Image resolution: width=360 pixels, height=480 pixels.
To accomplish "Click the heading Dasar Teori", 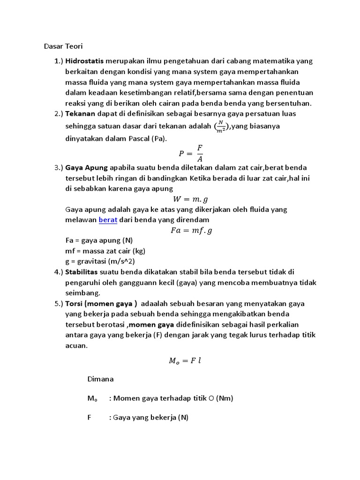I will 63,46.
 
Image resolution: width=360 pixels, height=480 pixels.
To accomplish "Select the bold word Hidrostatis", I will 84,61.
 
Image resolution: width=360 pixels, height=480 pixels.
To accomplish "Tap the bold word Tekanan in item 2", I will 80,113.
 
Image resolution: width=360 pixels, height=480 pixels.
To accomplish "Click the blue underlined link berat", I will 108,219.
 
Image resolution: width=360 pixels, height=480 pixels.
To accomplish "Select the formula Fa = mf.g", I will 191,230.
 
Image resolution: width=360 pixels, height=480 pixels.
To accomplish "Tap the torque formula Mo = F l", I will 185,360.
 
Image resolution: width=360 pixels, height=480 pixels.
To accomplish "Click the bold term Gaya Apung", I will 87,167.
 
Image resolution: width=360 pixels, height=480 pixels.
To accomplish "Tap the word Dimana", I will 100,379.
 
